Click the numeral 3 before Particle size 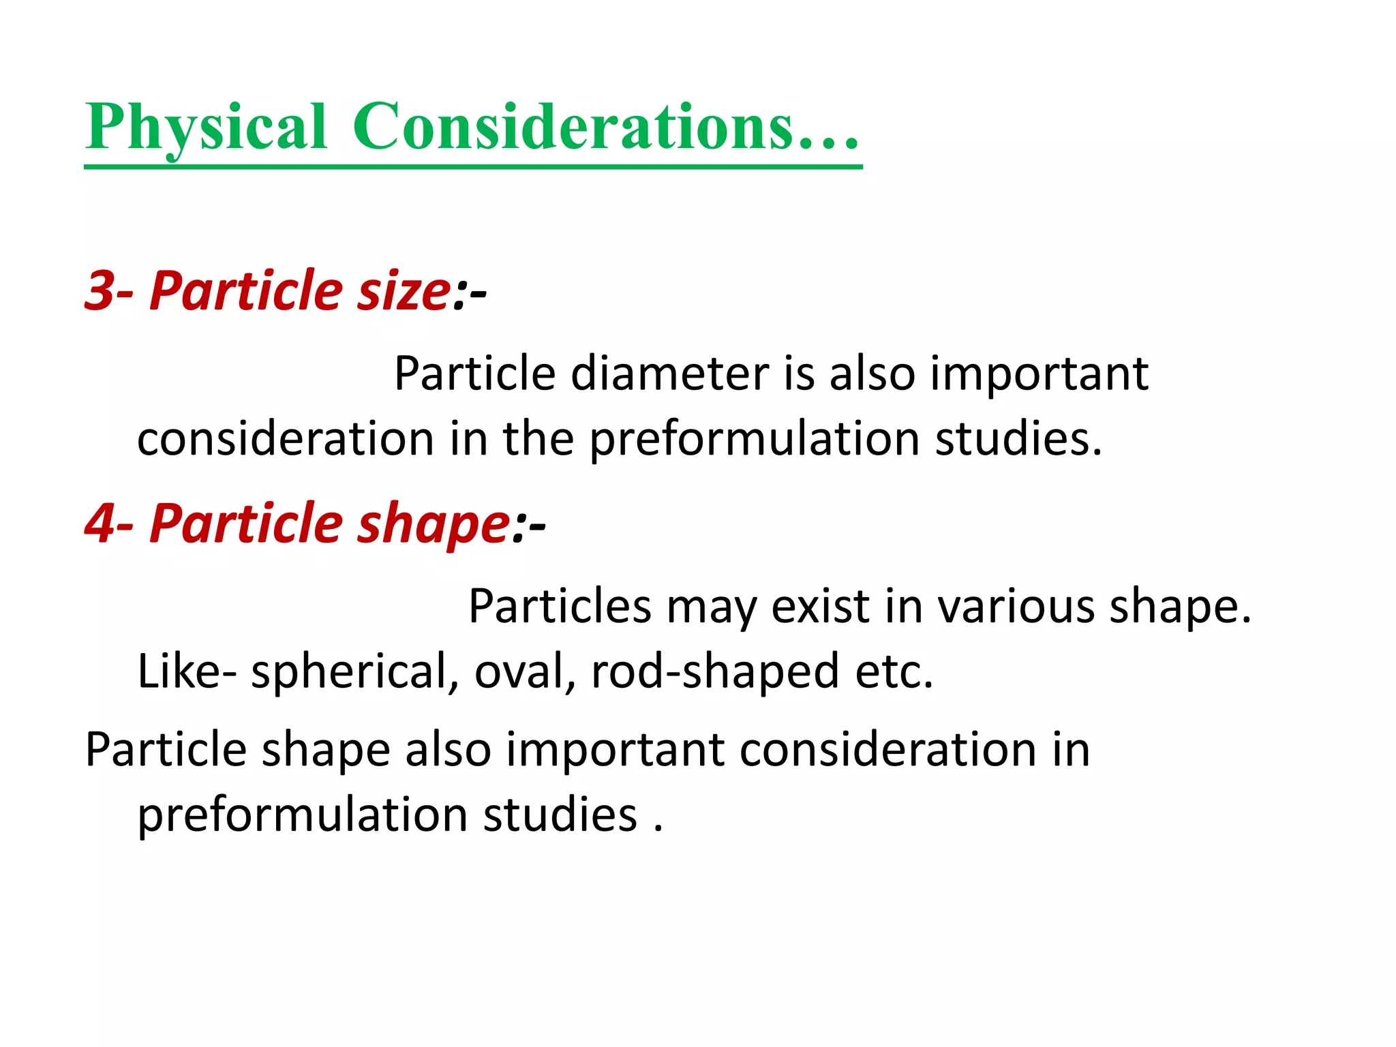click(99, 291)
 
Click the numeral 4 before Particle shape click(100, 523)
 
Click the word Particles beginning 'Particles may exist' click(560, 606)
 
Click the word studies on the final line click(560, 815)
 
